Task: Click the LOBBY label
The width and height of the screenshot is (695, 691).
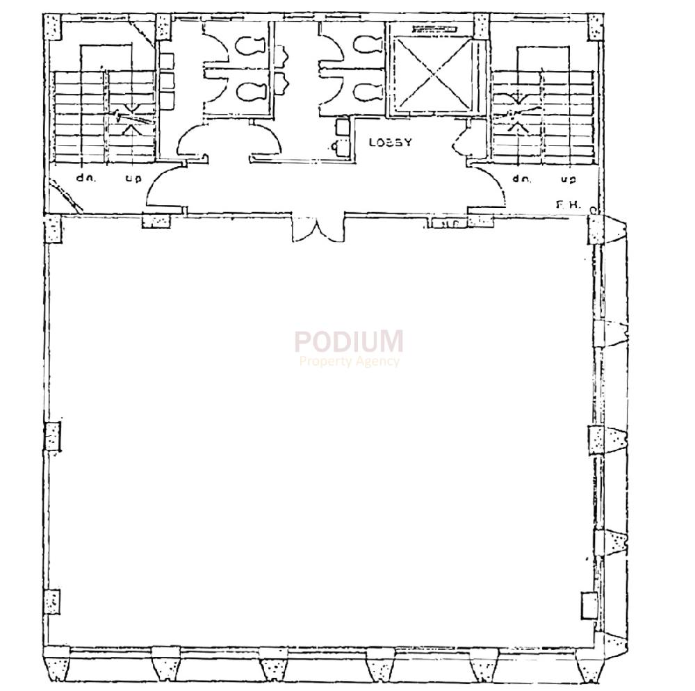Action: click(x=390, y=143)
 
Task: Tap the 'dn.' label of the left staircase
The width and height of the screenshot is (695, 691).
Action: click(x=85, y=178)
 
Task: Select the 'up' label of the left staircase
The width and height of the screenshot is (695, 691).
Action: click(x=133, y=179)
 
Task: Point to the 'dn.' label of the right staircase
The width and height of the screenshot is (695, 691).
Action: click(x=522, y=179)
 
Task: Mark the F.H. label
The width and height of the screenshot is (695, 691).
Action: click(x=564, y=204)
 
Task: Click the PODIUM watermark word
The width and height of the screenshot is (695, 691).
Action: click(x=348, y=341)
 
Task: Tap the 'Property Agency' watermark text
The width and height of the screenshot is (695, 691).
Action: click(x=349, y=361)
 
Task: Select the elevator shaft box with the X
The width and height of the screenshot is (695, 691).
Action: click(x=431, y=75)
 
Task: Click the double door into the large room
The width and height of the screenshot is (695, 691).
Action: click(x=318, y=229)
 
